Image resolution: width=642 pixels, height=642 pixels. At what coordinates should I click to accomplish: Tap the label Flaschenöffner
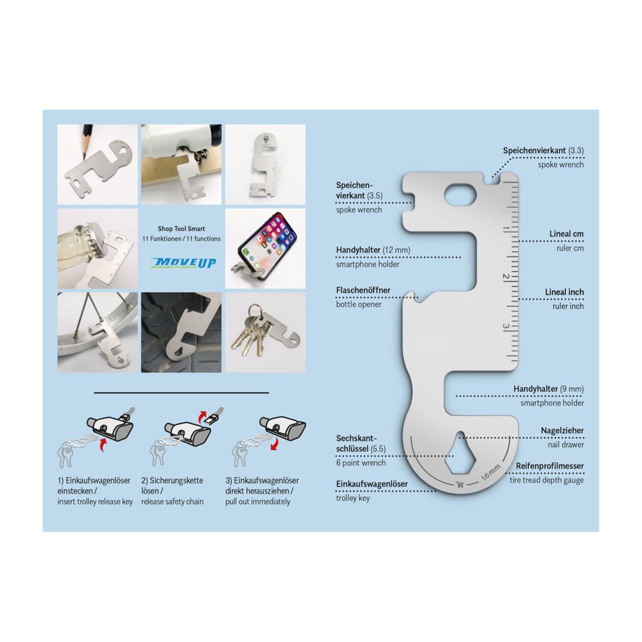click(x=363, y=290)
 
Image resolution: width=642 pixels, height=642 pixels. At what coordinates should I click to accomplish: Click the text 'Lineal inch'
click(x=564, y=292)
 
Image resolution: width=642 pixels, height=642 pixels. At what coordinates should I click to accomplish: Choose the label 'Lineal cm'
click(x=566, y=234)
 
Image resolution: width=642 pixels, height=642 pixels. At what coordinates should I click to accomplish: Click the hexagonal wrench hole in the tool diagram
click(x=467, y=453)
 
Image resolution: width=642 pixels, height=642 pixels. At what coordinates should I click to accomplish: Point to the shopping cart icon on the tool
click(x=460, y=485)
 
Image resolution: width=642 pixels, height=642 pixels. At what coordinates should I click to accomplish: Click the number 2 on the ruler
click(x=507, y=277)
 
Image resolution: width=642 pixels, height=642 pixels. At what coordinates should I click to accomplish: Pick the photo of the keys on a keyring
click(x=265, y=333)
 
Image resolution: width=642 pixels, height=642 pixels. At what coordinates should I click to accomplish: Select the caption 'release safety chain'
click(x=172, y=501)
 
